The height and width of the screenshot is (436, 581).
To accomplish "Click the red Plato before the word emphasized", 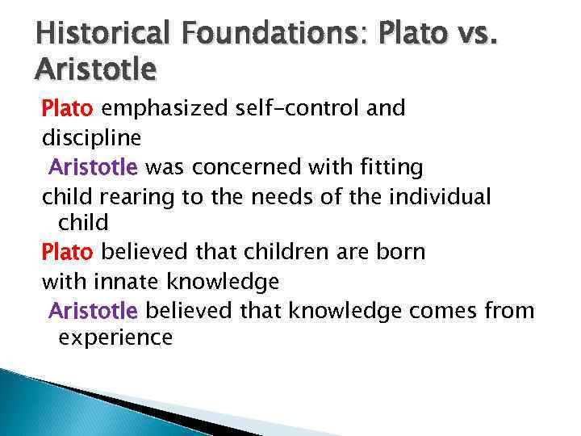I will pyautogui.click(x=68, y=108).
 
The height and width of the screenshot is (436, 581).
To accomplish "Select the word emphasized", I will pyautogui.click(x=164, y=108).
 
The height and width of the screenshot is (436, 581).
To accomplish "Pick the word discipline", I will pyautogui.click(x=91, y=138).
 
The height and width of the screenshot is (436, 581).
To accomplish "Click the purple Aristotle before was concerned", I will pyautogui.click(x=94, y=168).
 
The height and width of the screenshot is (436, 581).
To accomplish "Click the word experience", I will pyautogui.click(x=115, y=337).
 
